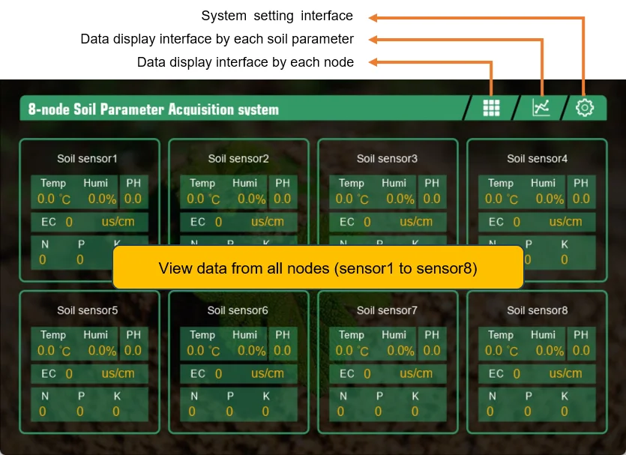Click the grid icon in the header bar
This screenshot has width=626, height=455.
491,108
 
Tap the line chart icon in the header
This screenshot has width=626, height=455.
541,108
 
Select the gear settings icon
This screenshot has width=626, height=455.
585,108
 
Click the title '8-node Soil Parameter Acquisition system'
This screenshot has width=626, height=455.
154,109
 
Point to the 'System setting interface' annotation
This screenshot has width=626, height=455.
277,16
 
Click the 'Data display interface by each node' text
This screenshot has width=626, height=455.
245,62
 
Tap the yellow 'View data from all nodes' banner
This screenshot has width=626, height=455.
318,268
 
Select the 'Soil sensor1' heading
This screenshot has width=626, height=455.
88,159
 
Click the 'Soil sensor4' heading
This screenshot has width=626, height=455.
537,159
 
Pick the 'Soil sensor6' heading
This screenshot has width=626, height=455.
238,310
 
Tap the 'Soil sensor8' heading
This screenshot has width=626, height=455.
537,310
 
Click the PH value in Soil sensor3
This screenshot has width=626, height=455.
432,199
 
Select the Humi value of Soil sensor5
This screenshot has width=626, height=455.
102,351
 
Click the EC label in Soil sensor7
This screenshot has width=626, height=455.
347,373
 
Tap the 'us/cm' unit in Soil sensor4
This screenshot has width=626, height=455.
565,222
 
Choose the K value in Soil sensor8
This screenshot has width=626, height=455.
565,411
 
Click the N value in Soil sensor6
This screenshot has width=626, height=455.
192,411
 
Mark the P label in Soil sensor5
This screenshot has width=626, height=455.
80,396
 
